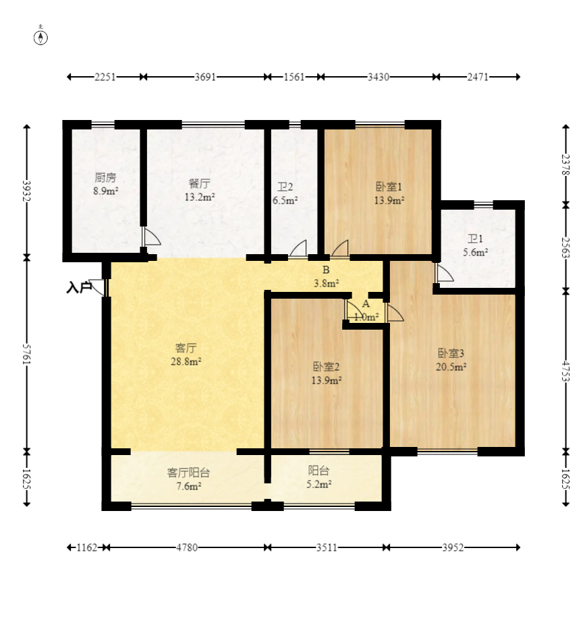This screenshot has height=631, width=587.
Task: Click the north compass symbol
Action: [40, 37]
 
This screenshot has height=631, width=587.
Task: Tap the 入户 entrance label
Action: [79, 288]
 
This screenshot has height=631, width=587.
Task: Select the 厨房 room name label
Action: [105, 177]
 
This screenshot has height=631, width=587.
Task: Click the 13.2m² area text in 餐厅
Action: [200, 197]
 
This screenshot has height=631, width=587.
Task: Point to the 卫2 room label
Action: [285, 187]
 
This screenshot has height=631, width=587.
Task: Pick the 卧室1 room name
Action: [389, 187]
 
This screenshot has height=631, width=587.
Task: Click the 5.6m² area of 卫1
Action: [476, 252]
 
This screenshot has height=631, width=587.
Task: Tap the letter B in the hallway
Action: [326, 270]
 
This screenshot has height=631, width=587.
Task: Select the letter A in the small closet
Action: [366, 304]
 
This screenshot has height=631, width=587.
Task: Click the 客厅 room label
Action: [186, 348]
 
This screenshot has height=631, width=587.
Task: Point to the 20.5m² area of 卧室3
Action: [451, 367]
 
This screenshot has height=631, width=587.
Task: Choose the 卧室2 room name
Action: [327, 367]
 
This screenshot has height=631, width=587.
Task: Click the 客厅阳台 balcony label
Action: [188, 473]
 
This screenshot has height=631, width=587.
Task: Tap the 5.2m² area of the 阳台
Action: [318, 484]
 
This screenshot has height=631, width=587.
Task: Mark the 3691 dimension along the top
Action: [206, 77]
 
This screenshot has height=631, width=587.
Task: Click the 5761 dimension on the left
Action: [26, 354]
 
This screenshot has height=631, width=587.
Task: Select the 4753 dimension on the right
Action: [565, 371]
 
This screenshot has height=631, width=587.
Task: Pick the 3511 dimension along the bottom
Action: [327, 547]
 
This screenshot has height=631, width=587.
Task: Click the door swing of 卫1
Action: [445, 273]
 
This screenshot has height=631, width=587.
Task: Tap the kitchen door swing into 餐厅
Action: [152, 237]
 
